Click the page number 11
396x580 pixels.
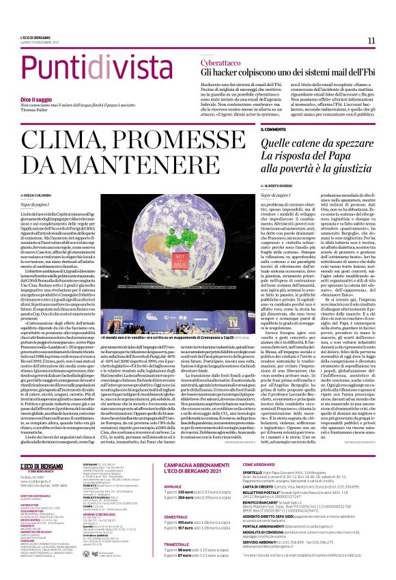click(371, 41)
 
